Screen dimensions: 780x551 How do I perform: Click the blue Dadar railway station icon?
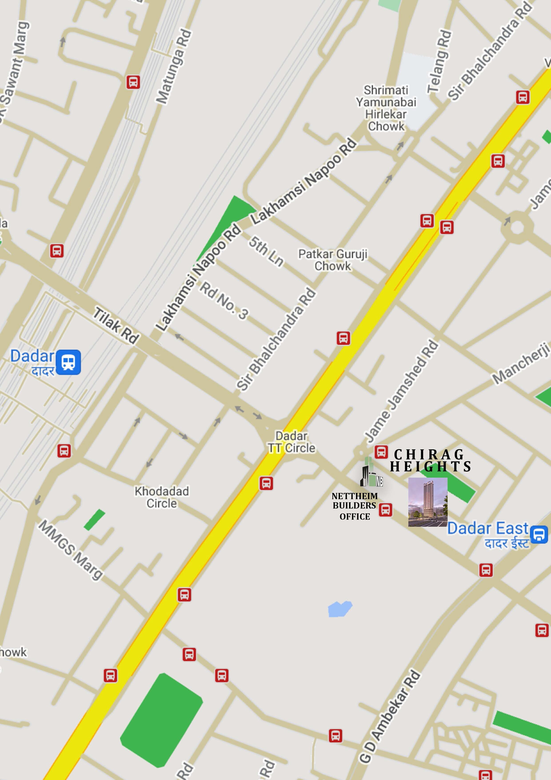click(68, 362)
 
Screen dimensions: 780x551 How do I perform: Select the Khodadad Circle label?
click(162, 497)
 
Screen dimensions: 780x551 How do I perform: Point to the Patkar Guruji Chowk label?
click(333, 260)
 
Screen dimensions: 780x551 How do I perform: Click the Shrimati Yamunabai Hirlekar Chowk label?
click(386, 108)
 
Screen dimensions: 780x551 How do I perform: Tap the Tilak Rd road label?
click(116, 325)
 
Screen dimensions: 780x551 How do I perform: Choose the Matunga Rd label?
click(174, 66)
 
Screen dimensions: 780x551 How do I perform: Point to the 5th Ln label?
click(266, 252)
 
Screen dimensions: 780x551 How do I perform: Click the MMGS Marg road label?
click(70, 550)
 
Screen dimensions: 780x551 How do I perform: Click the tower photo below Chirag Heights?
click(427, 502)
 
